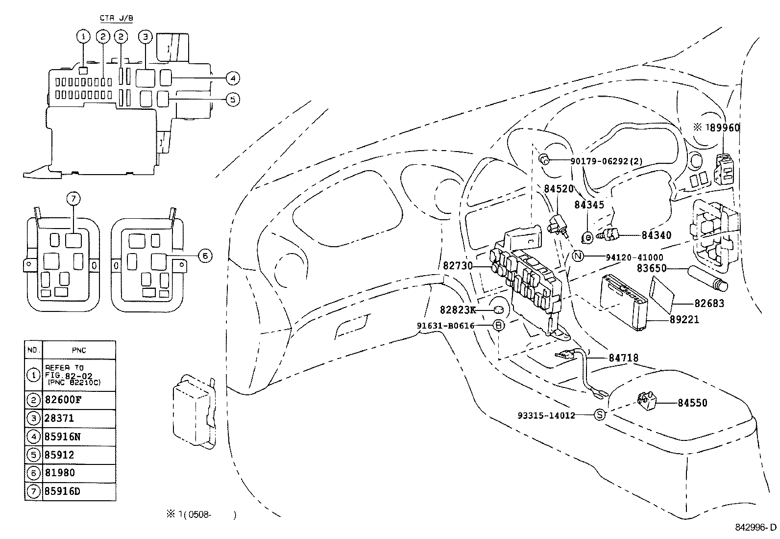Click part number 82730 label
[458, 266]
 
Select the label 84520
[559, 189]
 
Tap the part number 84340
[657, 235]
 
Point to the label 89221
[684, 320]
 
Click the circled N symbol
[578, 256]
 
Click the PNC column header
[79, 350]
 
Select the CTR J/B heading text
[117, 18]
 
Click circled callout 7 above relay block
[73, 199]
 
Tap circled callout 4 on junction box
[233, 77]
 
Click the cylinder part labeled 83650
[708, 278]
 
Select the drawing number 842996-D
[755, 527]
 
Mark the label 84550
[692, 403]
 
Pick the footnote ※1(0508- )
[201, 514]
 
